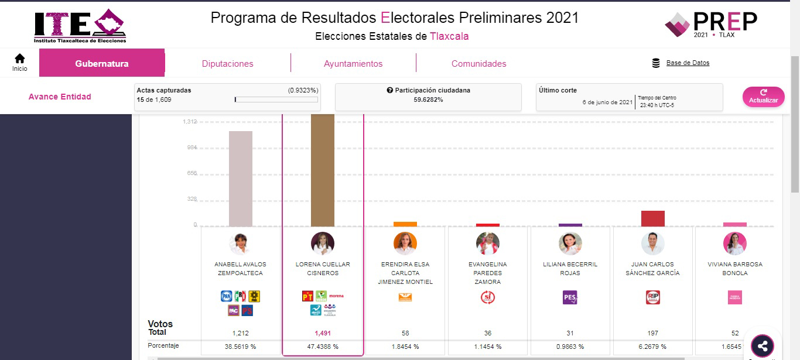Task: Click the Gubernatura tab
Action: (102, 64)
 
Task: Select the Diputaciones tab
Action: (227, 64)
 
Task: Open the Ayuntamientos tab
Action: (353, 64)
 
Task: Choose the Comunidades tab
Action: (478, 64)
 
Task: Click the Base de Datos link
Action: (688, 63)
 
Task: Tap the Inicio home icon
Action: (20, 62)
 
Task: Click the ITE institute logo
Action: (80, 26)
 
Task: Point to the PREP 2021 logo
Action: (711, 24)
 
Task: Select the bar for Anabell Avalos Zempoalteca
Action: (241, 179)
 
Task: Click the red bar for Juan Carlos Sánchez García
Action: (653, 218)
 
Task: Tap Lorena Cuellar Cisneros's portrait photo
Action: (323, 244)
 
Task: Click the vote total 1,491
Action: (323, 333)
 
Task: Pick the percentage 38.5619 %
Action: (241, 347)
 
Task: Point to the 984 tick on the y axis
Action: (192, 148)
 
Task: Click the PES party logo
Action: (570, 297)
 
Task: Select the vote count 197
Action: (652, 333)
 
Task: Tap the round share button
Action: (762, 346)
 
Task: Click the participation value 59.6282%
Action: (428, 100)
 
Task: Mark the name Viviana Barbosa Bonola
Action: (734, 269)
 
